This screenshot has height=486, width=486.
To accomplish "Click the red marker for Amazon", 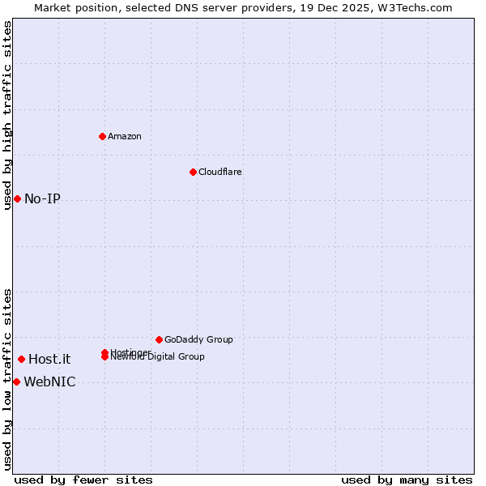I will tap(102, 136).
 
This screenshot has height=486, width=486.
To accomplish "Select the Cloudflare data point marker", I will tap(193, 172).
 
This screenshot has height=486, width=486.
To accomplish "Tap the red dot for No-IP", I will tap(17, 198).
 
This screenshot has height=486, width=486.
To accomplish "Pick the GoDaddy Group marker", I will tap(159, 339).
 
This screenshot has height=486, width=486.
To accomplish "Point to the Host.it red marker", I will tap(21, 359).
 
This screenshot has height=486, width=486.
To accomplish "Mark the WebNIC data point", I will tap(16, 382).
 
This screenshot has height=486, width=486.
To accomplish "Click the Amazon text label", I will tap(125, 136).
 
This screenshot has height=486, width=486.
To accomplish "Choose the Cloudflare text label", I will tap(220, 172).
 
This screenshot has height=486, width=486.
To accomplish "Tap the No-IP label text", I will tap(42, 199).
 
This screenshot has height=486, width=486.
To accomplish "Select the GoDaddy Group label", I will tap(198, 339).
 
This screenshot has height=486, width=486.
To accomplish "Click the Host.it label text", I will tap(49, 360).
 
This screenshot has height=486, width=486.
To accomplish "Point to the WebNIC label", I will tap(49, 382).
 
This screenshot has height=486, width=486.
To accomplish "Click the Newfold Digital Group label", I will tap(159, 357).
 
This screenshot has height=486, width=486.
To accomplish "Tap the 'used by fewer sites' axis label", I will tap(83, 480).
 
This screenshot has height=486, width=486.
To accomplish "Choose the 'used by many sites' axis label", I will tap(407, 480).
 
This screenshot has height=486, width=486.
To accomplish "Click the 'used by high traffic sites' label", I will tap(7, 115).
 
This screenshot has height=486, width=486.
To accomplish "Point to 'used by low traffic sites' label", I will tap(7, 379).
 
